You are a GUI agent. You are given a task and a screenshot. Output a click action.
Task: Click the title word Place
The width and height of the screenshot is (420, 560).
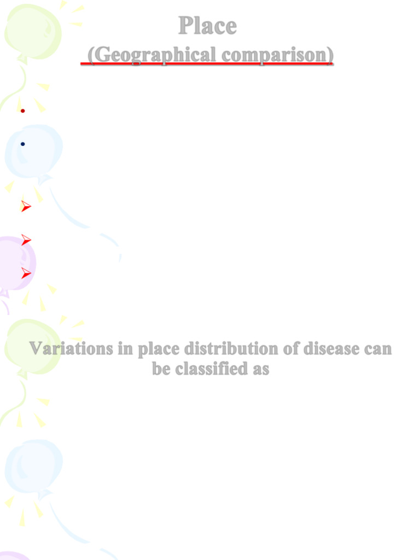tap(207, 26)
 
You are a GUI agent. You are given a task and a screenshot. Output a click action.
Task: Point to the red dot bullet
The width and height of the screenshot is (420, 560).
tap(22, 111)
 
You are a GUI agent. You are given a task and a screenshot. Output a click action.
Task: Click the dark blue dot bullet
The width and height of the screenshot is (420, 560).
tap(22, 144)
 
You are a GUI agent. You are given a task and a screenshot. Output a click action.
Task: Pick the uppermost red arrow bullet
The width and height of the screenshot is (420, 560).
tap(26, 207)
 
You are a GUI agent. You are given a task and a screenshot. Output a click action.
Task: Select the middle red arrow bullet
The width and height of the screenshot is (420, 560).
tap(26, 240)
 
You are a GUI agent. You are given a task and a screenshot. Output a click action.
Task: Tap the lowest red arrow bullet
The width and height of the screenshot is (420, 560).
tap(26, 273)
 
